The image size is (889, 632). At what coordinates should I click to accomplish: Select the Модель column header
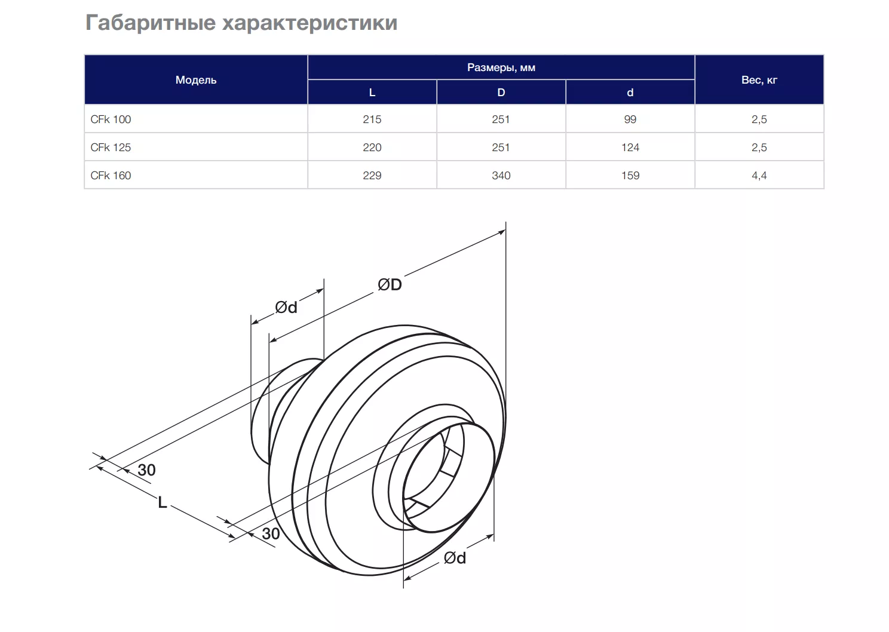pyautogui.click(x=196, y=80)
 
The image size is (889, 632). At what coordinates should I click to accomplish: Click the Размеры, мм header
pyautogui.click(x=501, y=68)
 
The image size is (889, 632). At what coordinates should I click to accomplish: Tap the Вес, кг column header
pyautogui.click(x=759, y=80)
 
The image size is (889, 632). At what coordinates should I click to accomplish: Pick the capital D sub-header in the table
pyautogui.click(x=501, y=93)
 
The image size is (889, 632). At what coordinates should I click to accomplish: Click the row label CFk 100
pyautogui.click(x=111, y=119)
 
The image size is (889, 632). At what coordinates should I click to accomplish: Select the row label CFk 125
pyautogui.click(x=111, y=147)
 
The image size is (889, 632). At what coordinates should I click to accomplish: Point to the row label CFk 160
pyautogui.click(x=111, y=176)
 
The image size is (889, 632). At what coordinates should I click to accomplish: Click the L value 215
pyautogui.click(x=372, y=119)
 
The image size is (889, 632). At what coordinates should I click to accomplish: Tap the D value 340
pyautogui.click(x=501, y=176)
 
